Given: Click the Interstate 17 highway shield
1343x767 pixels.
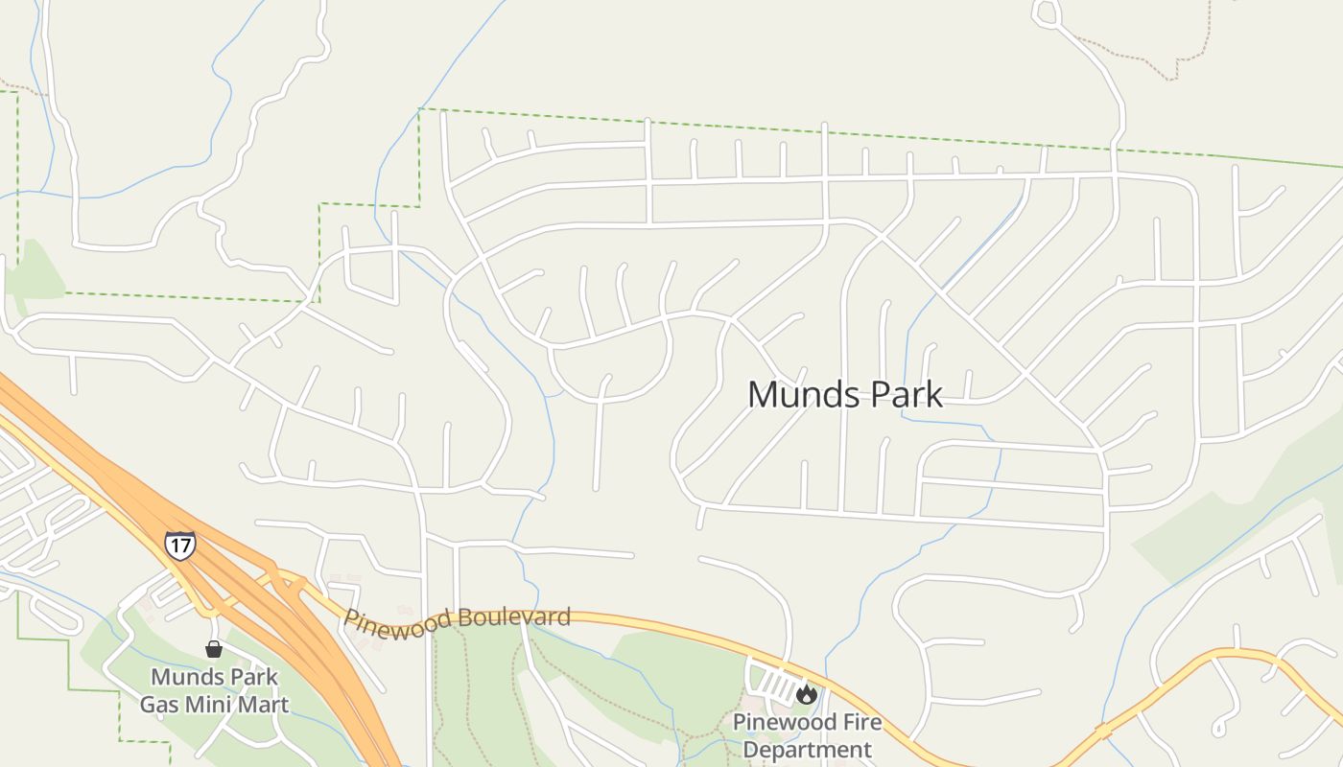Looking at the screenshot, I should click(179, 546).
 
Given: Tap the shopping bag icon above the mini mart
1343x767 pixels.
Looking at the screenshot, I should click(214, 650).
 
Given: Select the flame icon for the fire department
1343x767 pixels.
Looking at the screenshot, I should click(807, 693).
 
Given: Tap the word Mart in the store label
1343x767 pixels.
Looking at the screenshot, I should click(266, 705).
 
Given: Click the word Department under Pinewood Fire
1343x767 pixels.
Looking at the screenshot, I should click(807, 749).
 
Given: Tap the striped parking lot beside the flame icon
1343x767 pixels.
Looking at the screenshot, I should click(776, 684).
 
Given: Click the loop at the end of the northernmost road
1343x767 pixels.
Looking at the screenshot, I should click(1046, 12).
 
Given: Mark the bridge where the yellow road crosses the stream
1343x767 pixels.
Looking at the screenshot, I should click(1104, 732).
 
